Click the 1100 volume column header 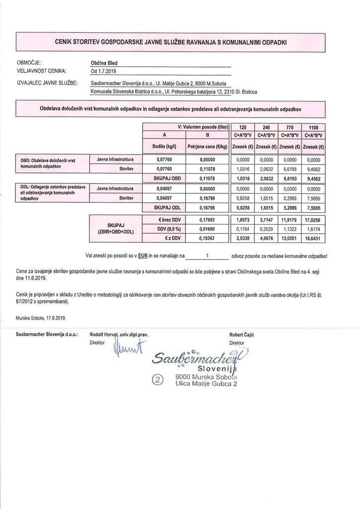point(313,127)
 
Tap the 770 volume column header point(289,127)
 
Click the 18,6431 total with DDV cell point(313,239)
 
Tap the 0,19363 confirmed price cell point(206,239)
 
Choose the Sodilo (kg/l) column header point(164,147)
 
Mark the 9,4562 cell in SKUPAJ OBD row point(313,177)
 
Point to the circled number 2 point(158,380)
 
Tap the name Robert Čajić point(243,335)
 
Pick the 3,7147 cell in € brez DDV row point(266,220)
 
